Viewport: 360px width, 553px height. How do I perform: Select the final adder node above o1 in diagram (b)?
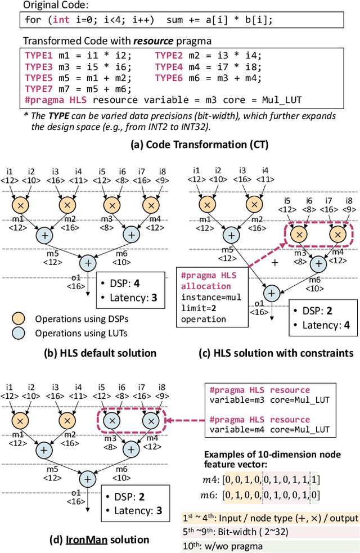(88, 262)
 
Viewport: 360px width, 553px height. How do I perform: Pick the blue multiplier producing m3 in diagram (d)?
(111, 421)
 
